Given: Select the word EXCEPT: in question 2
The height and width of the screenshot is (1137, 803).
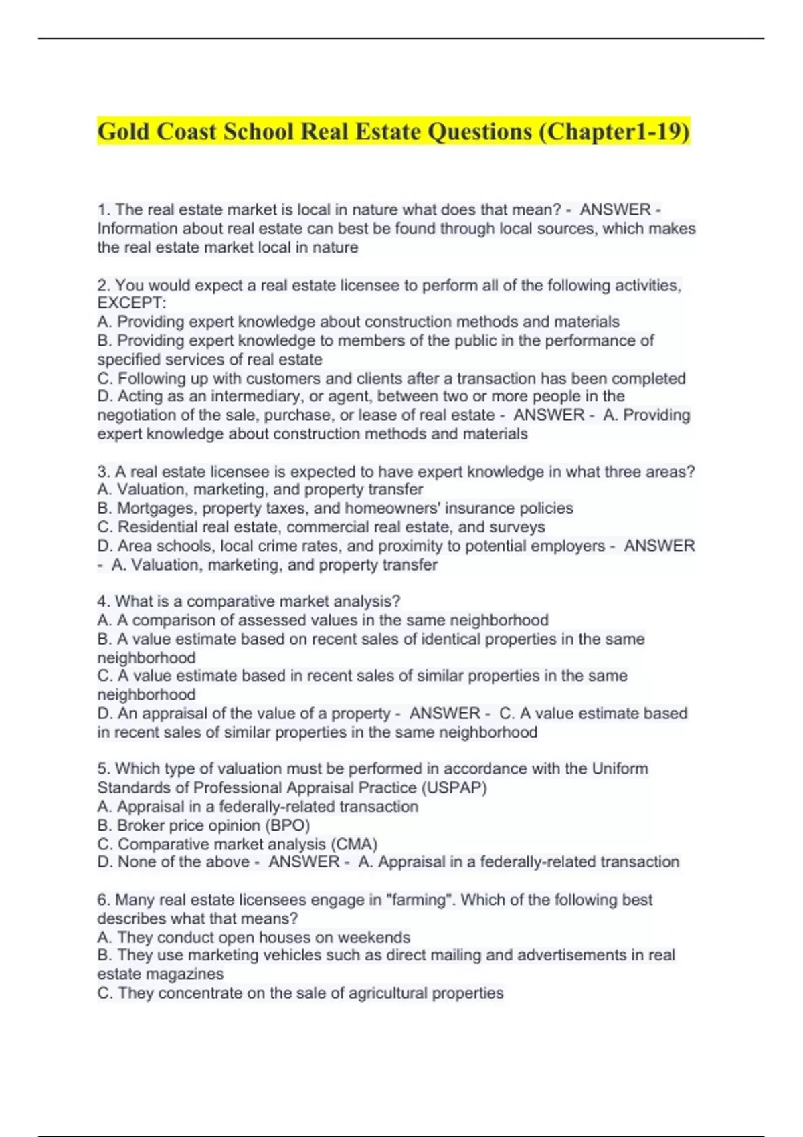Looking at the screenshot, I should (x=132, y=303).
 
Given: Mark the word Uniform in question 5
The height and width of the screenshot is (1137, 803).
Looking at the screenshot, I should (x=620, y=768).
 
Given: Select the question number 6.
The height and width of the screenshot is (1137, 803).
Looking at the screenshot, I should (x=103, y=900).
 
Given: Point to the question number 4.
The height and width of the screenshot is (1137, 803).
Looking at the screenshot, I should (x=103, y=601).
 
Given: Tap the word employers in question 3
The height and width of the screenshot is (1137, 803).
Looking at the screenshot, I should (x=570, y=546).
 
